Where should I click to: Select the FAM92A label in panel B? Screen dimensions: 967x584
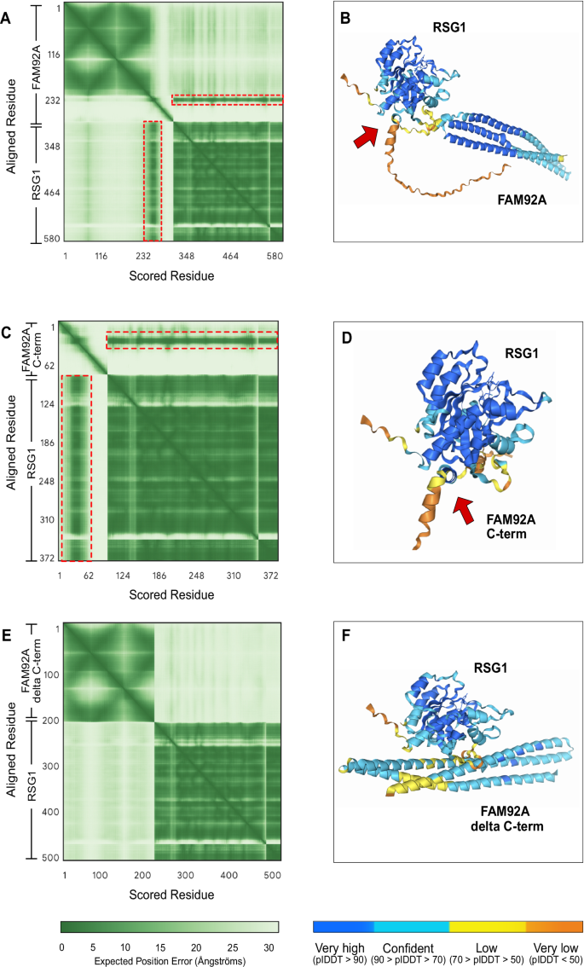pyautogui.click(x=521, y=202)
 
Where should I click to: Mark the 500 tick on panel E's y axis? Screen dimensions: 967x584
pyautogui.click(x=50, y=855)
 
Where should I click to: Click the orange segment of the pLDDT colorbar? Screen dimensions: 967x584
pyautogui.click(x=554, y=926)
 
